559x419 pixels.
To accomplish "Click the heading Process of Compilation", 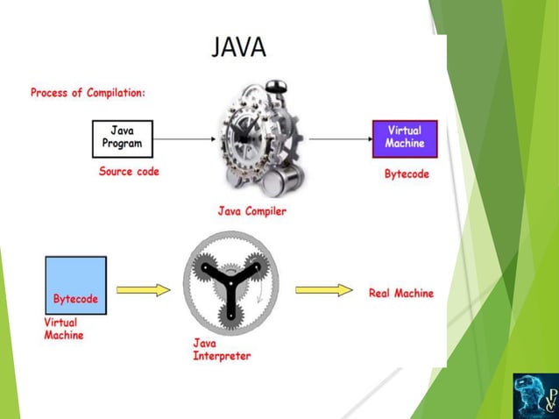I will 88,92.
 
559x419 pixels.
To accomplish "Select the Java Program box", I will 123,138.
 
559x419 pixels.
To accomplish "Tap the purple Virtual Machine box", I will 405,138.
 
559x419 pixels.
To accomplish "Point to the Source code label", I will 129,172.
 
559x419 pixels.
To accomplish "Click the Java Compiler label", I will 254,210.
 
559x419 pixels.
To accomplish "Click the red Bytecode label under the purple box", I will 407,174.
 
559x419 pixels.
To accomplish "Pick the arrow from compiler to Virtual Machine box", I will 340,138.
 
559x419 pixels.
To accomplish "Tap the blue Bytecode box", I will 75,287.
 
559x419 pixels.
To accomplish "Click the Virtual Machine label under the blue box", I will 66,328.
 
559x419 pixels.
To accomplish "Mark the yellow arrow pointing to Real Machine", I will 323,290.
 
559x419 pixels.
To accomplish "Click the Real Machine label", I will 400,293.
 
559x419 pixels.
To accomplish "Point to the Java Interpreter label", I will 222,350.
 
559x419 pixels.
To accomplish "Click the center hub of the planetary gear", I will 231,283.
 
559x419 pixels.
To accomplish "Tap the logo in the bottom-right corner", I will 534,394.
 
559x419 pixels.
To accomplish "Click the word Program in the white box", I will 123,144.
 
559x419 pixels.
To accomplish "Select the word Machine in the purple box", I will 405,144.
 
